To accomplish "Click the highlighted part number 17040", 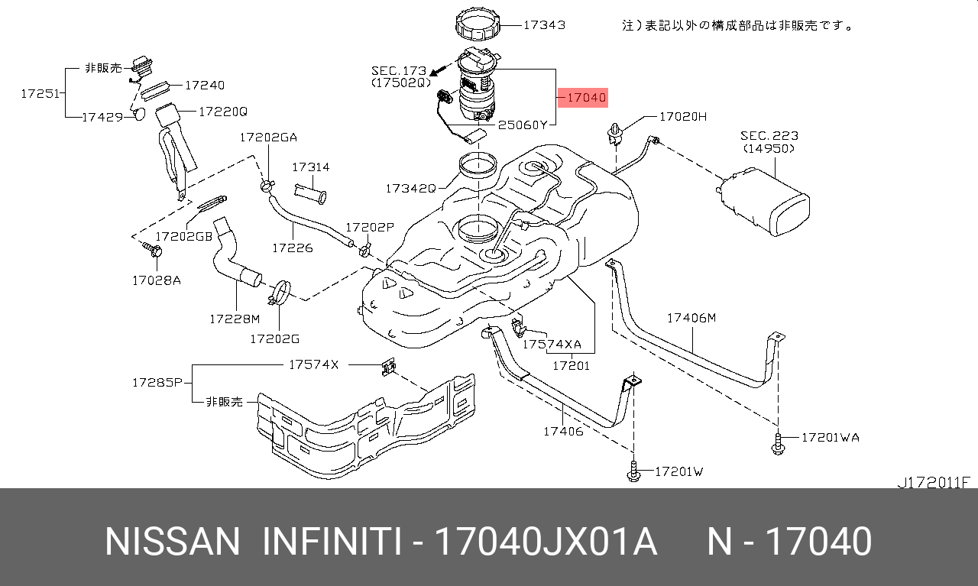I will (x=586, y=98).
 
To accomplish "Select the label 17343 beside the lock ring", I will (x=544, y=24).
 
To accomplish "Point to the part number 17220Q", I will (x=223, y=111).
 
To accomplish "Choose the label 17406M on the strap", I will (x=691, y=318).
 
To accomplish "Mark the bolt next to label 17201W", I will (x=633, y=474).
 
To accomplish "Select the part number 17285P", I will (x=156, y=382).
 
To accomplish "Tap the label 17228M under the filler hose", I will (x=235, y=318).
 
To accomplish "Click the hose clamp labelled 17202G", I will (x=280, y=293).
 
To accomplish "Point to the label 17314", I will (x=310, y=167).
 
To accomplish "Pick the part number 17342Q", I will (x=410, y=187).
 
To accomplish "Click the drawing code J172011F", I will (x=933, y=482).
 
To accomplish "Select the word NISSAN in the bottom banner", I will (x=172, y=542).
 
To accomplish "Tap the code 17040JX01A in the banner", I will (x=545, y=542).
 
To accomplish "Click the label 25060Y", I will (x=523, y=125).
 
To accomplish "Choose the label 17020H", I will (x=683, y=117).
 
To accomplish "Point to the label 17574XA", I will (x=552, y=345).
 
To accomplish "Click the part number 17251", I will (x=40, y=93).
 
